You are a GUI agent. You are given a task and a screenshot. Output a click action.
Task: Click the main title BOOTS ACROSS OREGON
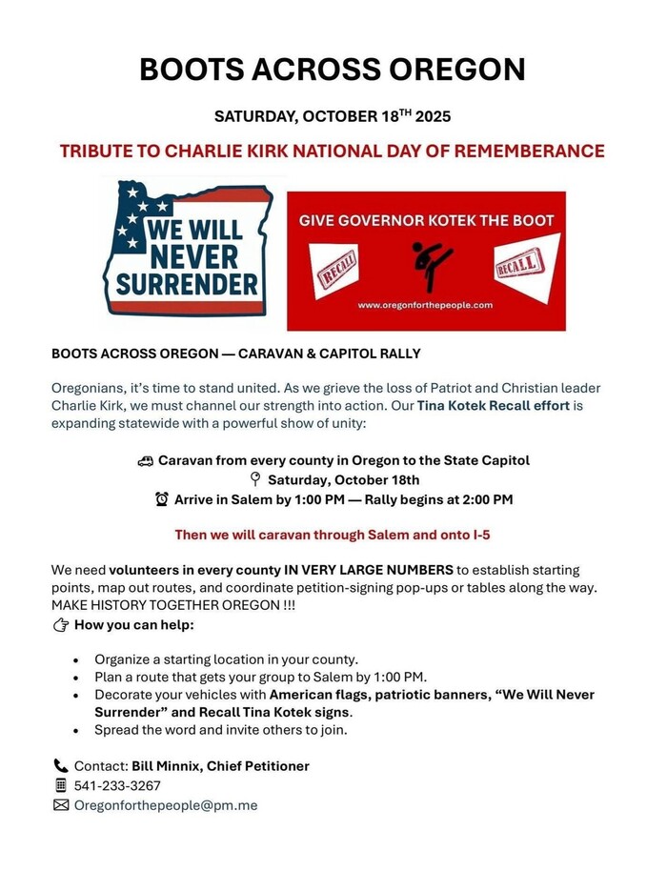333,69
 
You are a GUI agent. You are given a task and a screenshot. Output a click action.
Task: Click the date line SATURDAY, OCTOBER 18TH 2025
333,117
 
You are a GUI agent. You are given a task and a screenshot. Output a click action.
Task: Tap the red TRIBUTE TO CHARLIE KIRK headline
333,151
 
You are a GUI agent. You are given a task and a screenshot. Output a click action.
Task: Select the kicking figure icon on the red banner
426,265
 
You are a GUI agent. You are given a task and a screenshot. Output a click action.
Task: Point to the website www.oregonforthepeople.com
425,305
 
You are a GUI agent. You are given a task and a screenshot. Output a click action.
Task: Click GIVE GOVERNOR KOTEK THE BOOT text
426,220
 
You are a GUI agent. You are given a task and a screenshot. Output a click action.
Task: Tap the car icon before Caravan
146,460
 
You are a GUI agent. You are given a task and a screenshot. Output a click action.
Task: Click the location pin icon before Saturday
254,479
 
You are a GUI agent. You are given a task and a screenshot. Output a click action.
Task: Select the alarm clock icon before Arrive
162,498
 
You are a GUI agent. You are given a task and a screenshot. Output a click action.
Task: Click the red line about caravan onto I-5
333,535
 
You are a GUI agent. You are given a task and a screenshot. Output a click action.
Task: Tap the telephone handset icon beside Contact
61,766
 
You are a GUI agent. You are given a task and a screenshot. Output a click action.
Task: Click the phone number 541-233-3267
117,786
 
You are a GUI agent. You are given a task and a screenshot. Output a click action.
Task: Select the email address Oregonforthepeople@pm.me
166,805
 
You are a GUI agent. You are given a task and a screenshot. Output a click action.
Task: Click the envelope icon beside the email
61,805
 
